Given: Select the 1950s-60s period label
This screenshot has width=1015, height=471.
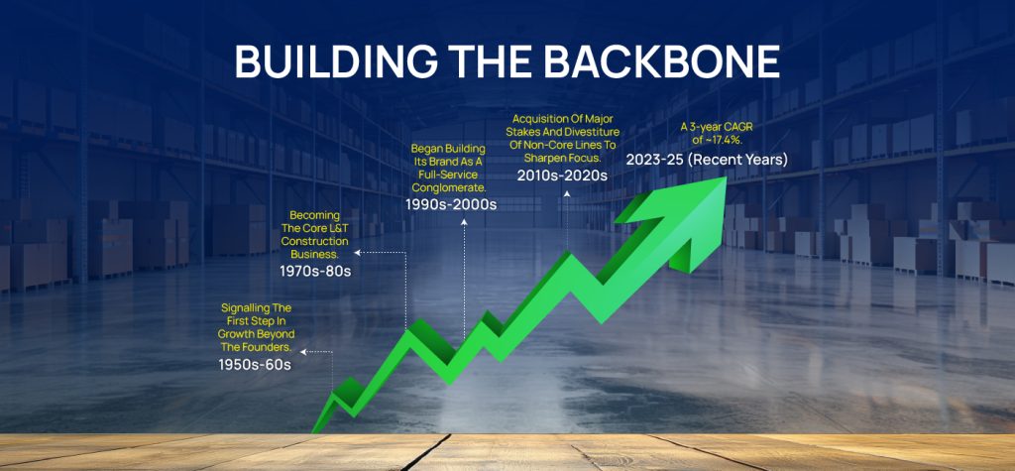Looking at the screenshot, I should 255,365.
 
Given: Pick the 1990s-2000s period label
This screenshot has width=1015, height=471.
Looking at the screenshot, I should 451,204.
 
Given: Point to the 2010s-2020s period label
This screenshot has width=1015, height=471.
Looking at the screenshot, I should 562,175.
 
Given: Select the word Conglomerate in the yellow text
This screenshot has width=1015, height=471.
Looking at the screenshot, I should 453,186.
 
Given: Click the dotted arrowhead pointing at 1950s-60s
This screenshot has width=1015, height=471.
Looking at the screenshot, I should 302,352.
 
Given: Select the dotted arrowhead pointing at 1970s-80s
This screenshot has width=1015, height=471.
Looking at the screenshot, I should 359,254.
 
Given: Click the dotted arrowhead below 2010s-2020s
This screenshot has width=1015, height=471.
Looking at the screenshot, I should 567,193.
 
